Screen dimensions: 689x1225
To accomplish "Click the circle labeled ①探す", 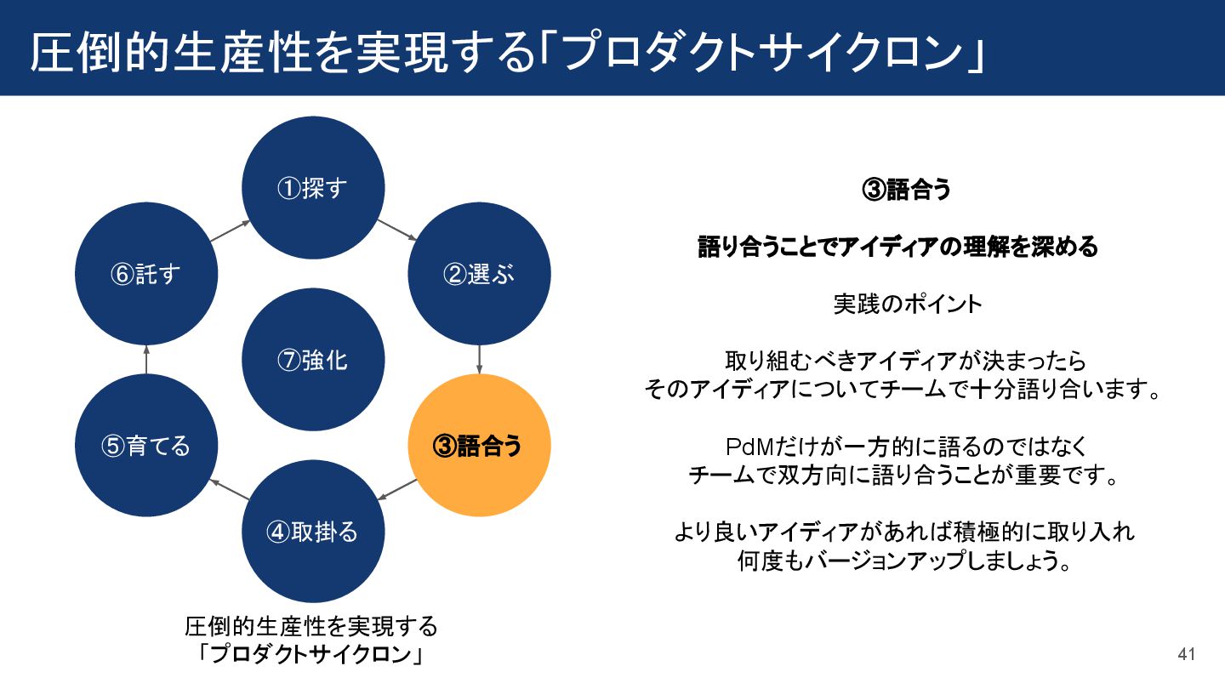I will click(x=313, y=187).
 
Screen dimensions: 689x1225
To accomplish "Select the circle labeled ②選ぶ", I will click(x=480, y=274).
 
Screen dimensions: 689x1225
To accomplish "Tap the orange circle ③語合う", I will click(x=480, y=446).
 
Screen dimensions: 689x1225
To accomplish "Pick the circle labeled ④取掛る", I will click(x=313, y=532).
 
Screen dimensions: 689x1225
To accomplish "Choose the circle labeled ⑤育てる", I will click(x=146, y=446).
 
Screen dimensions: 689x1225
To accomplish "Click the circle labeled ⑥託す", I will click(x=146, y=274).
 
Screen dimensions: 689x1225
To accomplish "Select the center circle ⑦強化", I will click(x=313, y=360).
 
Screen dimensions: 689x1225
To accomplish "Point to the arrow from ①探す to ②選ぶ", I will click(x=396, y=230).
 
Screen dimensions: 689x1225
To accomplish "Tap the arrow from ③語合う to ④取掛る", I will click(x=396, y=489).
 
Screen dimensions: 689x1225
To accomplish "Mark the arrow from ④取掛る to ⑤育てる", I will click(x=230, y=489).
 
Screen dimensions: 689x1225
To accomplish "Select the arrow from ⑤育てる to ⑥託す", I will click(x=146, y=359).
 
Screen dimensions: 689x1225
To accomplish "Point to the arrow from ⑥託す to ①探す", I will click(x=230, y=230).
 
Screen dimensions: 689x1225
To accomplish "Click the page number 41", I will click(x=1187, y=654).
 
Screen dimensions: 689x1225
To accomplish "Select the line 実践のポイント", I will click(x=907, y=304).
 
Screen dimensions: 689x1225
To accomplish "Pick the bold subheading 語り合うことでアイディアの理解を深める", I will click(x=898, y=247).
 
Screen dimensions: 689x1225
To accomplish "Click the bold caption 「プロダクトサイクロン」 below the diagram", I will click(x=311, y=655).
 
